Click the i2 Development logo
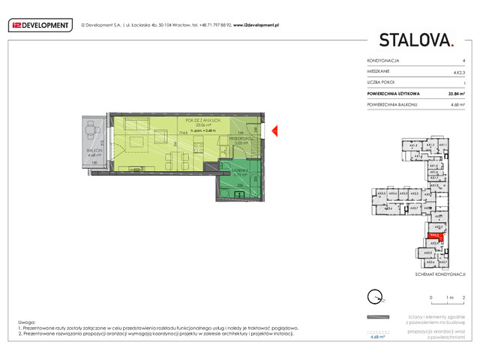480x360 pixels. pyautogui.click(x=40, y=24)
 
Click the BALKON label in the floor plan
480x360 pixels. pyautogui.click(x=94, y=151)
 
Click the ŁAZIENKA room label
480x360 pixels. pyautogui.click(x=238, y=171)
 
